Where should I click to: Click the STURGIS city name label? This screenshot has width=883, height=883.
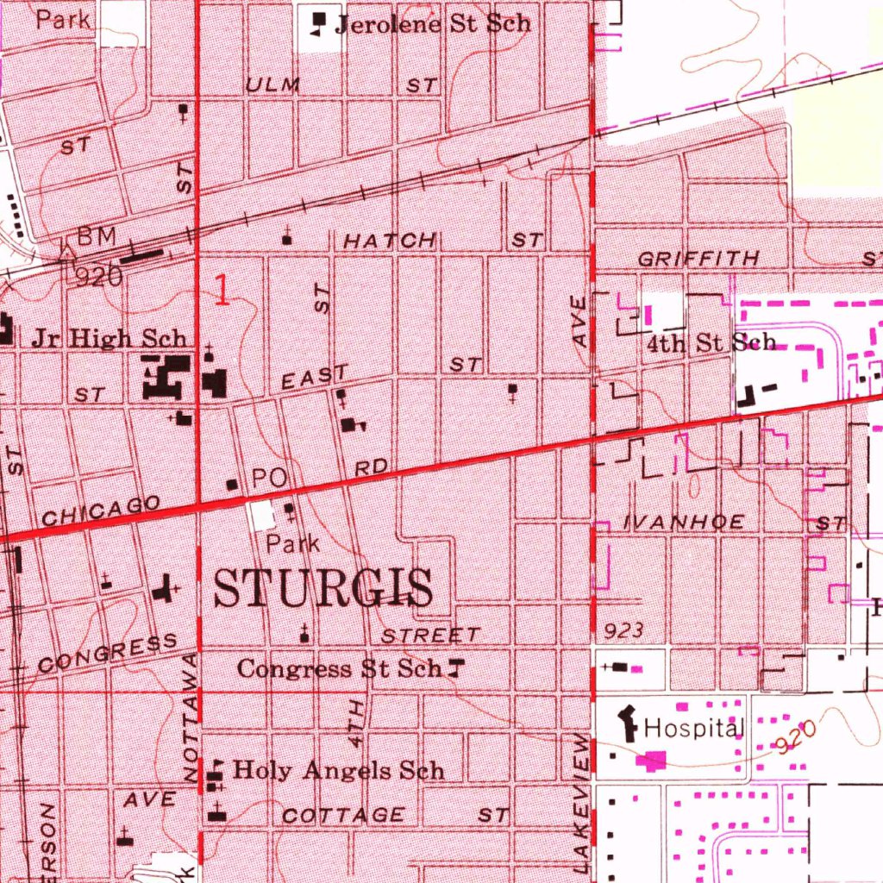pos(323,590)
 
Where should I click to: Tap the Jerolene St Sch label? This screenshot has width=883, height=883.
pos(433,23)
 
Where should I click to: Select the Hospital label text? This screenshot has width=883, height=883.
pos(693,729)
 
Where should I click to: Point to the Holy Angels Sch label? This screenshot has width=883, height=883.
pos(339,770)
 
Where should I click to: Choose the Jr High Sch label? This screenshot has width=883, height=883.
pos(108,338)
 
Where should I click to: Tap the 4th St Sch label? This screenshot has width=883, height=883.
pos(711,342)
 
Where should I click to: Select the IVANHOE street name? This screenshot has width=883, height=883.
pos(684,523)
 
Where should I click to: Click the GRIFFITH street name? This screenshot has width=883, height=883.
pos(699,259)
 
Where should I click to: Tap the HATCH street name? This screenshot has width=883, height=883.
pos(391,241)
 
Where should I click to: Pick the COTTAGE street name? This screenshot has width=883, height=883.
pos(343,815)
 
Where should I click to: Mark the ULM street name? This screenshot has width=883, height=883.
pos(272,85)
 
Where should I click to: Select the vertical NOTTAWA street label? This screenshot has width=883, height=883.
pos(191,718)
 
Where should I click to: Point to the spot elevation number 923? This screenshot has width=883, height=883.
pos(623,631)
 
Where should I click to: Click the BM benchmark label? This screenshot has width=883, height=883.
pos(96,235)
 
